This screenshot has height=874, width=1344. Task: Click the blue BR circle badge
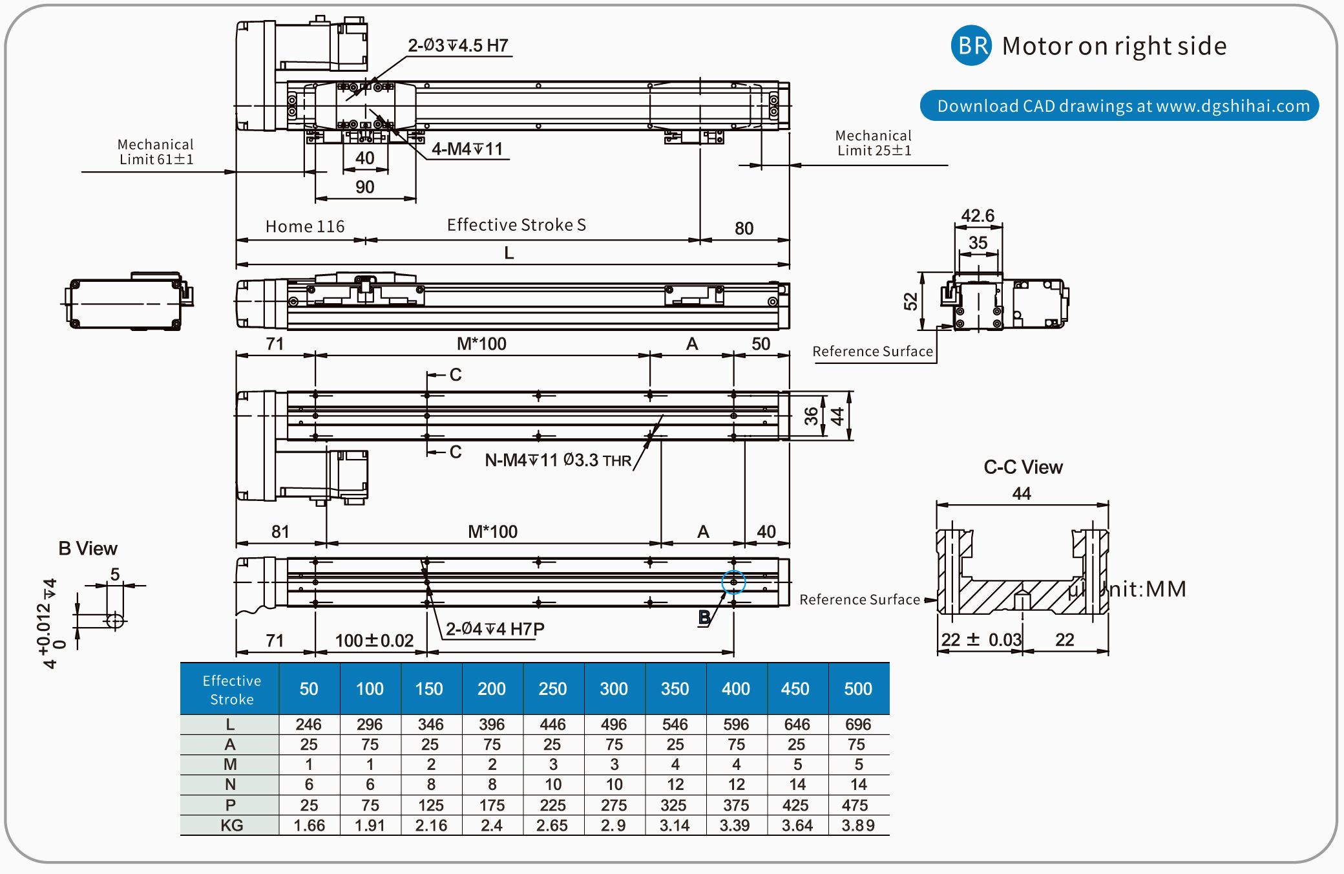[971, 45]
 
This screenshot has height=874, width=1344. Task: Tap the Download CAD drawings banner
[1119, 106]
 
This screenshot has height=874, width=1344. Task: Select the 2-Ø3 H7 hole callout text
[458, 46]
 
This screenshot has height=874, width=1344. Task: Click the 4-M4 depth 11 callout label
[467, 149]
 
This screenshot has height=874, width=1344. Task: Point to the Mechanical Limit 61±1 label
[156, 152]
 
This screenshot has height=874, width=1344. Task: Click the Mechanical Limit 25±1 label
[874, 143]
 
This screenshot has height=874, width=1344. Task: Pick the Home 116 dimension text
[305, 226]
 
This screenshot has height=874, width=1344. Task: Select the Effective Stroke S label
[516, 225]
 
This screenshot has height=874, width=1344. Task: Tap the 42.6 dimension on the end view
[978, 216]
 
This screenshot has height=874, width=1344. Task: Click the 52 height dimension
[911, 301]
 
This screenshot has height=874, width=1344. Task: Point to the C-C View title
[1023, 467]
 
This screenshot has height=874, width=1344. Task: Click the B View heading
[88, 549]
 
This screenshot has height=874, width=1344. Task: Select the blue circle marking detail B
[733, 582]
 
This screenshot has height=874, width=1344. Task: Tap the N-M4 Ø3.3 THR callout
[558, 460]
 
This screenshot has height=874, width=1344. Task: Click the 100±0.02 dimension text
[374, 641]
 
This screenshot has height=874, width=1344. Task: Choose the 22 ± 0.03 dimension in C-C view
[981, 640]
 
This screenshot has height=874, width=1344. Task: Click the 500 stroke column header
[858, 689]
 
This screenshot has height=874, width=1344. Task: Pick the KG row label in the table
[231, 826]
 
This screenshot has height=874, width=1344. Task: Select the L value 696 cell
[858, 725]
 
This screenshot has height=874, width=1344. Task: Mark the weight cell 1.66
[309, 826]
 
